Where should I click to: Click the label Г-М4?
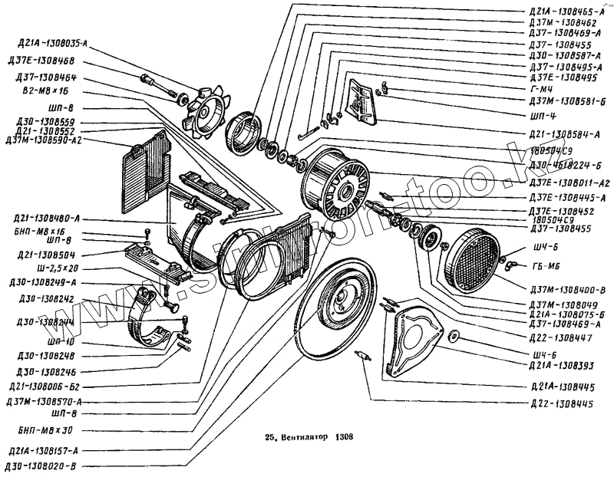542,89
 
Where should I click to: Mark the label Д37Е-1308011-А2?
567,183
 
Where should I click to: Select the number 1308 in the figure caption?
343,441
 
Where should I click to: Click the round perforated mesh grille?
475,262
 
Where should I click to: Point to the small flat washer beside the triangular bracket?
454,335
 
